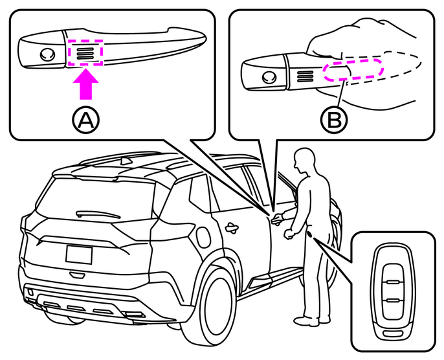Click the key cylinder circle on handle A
(x=46, y=54)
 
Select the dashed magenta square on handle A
(x=85, y=52)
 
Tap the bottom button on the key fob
(x=391, y=302)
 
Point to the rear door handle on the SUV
(x=230, y=227)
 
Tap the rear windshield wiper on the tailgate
(x=96, y=213)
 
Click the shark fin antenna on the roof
(x=126, y=159)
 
